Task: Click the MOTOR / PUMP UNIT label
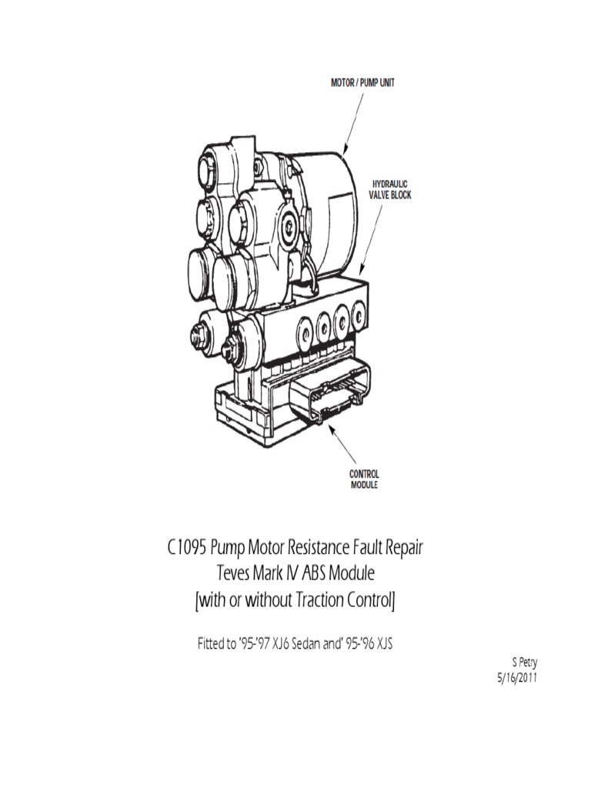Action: (362, 82)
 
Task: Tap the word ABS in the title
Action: (324, 575)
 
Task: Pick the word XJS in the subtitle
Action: (382, 643)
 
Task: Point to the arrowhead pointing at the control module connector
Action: (328, 420)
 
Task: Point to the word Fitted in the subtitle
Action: (211, 643)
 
